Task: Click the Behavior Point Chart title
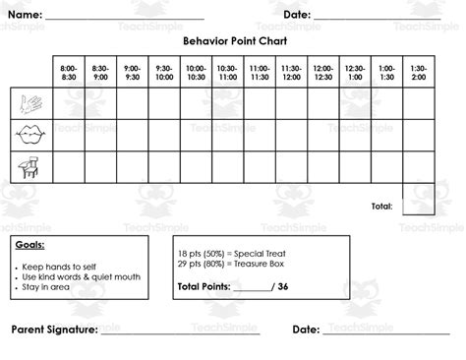point(233,42)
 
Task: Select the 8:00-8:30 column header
point(68,72)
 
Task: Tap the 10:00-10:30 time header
point(196,72)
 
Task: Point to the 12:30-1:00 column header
point(355,72)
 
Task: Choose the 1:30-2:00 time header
point(418,72)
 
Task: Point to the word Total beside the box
point(381,207)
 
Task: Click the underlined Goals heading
point(30,246)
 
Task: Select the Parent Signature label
point(54,330)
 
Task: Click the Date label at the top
point(296,16)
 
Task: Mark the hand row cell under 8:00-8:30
point(68,102)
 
